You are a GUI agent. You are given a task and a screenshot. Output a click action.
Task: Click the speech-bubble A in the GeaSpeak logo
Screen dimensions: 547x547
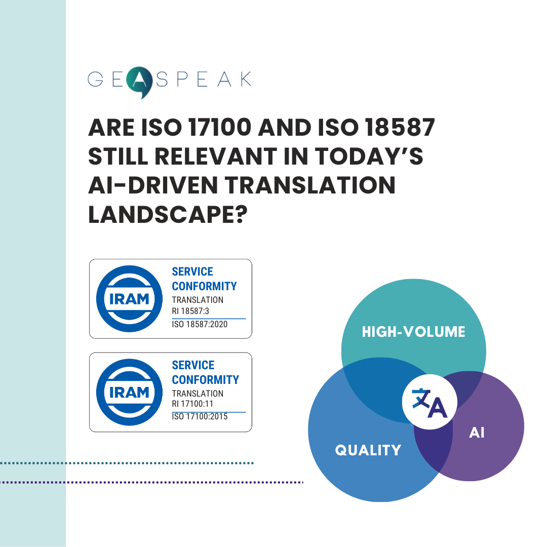click(x=138, y=82)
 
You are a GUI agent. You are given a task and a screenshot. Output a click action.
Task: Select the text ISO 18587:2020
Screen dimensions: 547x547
click(x=200, y=324)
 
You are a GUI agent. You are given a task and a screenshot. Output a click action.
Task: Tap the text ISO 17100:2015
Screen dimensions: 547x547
click(x=200, y=417)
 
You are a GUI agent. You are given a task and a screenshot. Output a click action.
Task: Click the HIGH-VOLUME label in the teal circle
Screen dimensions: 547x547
click(x=413, y=332)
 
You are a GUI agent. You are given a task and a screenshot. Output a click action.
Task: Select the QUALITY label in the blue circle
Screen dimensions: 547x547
click(x=368, y=450)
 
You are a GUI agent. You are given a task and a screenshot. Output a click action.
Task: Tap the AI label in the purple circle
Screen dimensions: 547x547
click(x=476, y=434)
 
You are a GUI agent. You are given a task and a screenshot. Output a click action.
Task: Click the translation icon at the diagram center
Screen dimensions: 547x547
click(x=429, y=402)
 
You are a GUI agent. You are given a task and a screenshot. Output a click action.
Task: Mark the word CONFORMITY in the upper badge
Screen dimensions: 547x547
click(x=204, y=286)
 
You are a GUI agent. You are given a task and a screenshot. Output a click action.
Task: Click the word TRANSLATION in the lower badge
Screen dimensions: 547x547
click(x=198, y=393)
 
